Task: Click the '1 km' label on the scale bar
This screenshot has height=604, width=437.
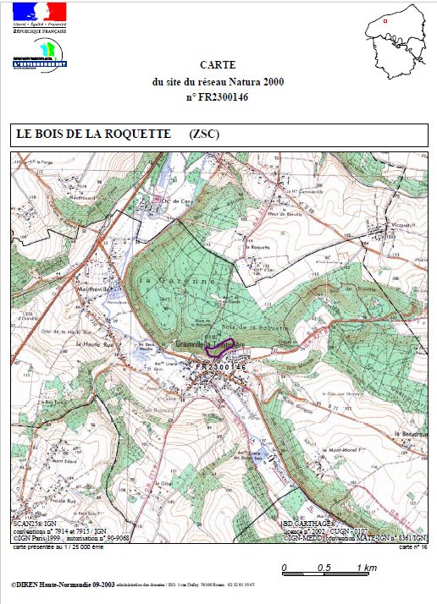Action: pos(366,567)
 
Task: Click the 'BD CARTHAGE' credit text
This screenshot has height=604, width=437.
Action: pos(310,524)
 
